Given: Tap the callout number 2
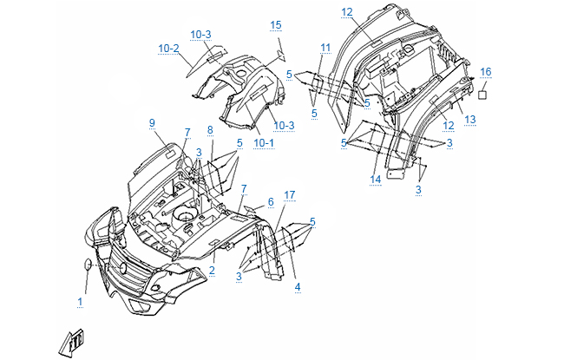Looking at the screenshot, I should pos(211,270).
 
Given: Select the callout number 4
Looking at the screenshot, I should pos(298,286).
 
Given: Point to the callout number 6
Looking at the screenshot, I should pos(270,201).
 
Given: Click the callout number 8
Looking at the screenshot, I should pos(209,130).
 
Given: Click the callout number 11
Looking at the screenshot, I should pos(325,46).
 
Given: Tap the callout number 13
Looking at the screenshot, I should pos(470,119).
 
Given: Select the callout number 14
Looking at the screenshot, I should pos(376,180).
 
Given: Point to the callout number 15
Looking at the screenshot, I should pos(275,24).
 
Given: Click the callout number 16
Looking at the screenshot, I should pos(485,71).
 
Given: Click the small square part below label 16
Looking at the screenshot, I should pos(485,89).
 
